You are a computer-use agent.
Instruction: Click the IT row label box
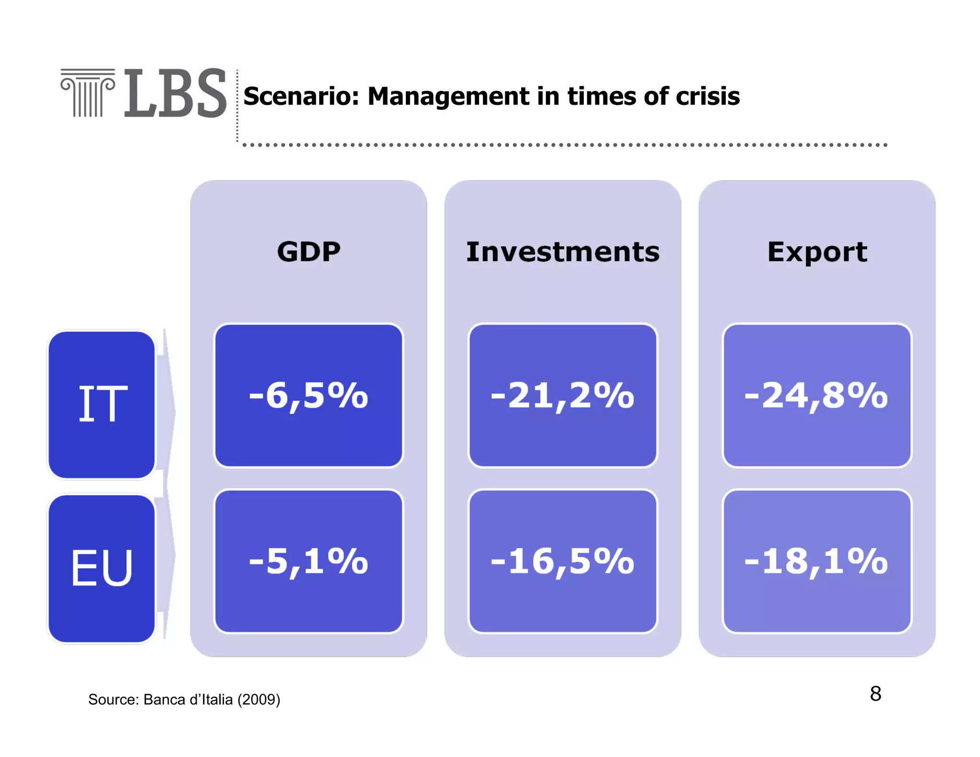click(x=102, y=404)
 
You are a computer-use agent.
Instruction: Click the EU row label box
click(x=102, y=568)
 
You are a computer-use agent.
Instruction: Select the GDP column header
click(x=309, y=252)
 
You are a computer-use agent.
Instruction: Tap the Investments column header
click(x=563, y=252)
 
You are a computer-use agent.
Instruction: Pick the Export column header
click(x=817, y=252)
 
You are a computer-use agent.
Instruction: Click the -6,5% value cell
click(x=309, y=396)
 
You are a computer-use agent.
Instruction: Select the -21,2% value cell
click(x=563, y=396)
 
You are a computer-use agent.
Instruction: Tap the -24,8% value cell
click(x=817, y=396)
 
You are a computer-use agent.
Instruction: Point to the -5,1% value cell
click(x=309, y=561)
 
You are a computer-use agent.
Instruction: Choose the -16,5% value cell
click(x=563, y=561)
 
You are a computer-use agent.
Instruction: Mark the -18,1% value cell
click(x=817, y=561)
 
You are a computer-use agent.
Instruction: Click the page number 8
click(x=875, y=694)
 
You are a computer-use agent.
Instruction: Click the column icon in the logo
click(x=88, y=93)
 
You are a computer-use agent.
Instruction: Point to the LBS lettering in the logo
click(x=175, y=93)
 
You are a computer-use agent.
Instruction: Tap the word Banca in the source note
click(x=164, y=700)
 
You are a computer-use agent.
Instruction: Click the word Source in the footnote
click(x=113, y=700)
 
